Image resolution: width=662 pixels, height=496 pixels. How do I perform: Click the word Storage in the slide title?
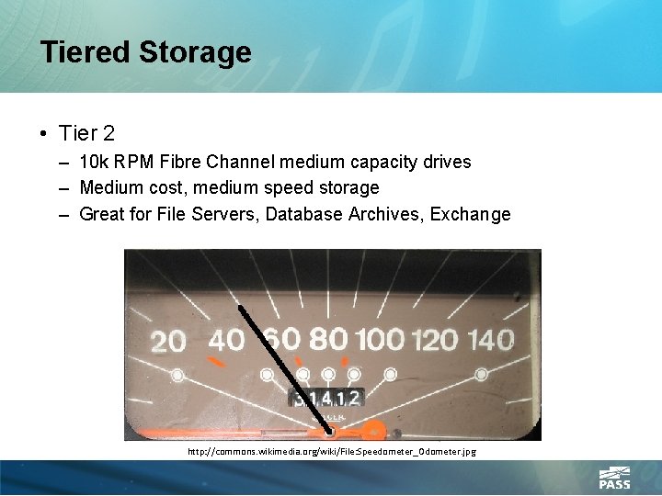point(195,52)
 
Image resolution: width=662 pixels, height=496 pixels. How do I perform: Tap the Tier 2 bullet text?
point(86,133)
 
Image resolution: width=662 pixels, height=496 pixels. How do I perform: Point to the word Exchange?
point(465,214)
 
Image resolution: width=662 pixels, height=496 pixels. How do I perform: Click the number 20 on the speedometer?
point(167,343)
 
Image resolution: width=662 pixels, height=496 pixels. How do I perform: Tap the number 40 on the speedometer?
point(226,341)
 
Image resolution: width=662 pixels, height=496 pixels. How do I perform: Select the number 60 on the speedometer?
point(281,339)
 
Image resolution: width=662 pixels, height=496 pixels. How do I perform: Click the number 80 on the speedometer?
point(329,339)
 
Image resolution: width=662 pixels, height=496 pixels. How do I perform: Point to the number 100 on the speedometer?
point(380,340)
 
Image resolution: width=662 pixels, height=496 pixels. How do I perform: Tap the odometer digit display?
point(326,398)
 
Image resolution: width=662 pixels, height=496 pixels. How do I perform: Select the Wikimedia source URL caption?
point(331,452)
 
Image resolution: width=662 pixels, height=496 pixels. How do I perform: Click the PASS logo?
point(614,478)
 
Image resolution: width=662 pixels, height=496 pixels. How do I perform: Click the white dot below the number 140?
point(481,375)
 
